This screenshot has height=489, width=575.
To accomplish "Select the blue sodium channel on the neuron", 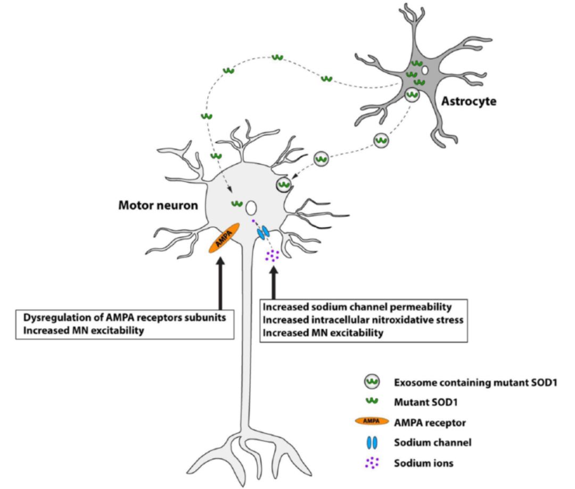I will click(263, 233).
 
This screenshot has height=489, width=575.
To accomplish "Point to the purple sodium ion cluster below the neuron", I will click(273, 256).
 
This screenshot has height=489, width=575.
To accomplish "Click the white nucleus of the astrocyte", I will click(424, 70).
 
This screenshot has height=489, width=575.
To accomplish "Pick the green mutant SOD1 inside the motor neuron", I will click(237, 203).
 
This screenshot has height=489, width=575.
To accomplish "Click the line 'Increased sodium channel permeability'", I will click(358, 307).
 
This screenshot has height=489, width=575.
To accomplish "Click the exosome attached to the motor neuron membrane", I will click(284, 185).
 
